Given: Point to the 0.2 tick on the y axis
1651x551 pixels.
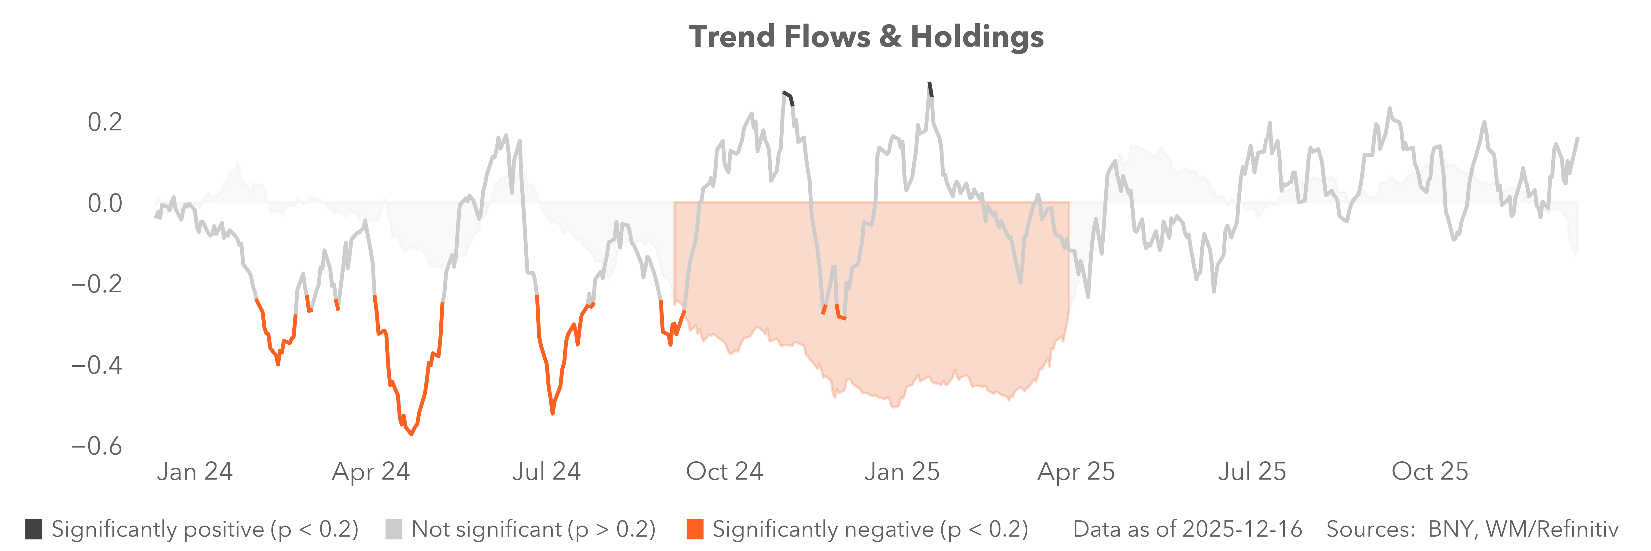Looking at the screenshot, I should (105, 122).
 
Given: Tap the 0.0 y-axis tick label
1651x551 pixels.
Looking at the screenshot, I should (105, 203).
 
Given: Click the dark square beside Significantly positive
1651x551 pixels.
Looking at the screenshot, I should (34, 529).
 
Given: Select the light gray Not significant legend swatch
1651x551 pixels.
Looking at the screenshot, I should (393, 529).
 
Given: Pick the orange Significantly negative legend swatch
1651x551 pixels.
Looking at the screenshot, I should (695, 529).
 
